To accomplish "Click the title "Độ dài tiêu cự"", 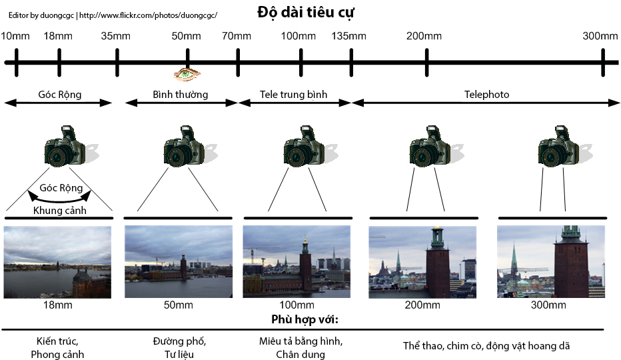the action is pos(305,12).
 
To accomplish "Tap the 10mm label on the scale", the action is pos(15,36).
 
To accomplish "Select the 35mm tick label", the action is pos(116,36).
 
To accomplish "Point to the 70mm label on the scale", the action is pos(237,36).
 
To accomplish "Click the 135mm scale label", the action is pos(349,36).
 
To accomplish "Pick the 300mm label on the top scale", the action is pos(600,36).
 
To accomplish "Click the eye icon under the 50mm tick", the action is pos(187,74).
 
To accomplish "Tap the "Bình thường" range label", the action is pos(180,95).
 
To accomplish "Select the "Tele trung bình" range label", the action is pos(293,95).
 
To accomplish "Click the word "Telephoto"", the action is pos(487,95).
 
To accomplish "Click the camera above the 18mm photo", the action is pos(65,146).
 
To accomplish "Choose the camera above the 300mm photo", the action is pos(559,146).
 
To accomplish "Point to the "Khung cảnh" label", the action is pos(60,210).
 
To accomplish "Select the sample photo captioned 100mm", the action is pos(297,262).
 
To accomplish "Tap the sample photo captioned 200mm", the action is pos(422,262).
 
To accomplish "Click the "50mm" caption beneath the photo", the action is pos(179,305).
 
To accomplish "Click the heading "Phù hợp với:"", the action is pos(305,319).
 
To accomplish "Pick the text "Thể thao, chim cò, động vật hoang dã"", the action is pos(486,346).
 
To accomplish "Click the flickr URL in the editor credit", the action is pos(148,15).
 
